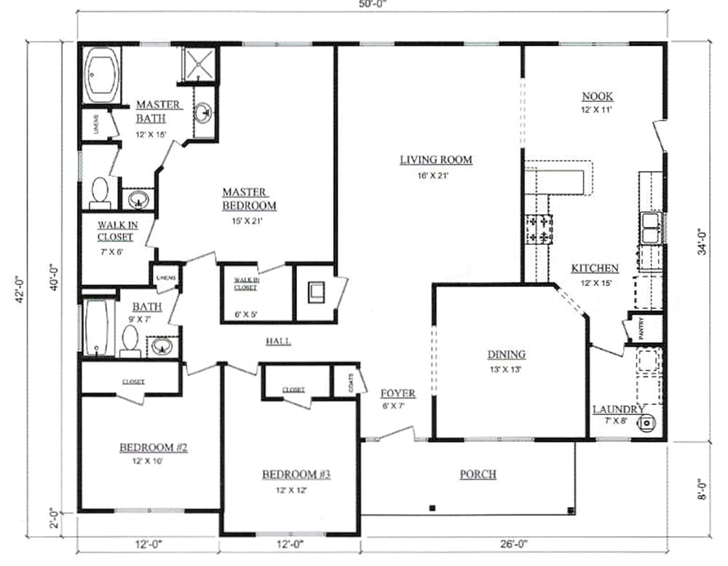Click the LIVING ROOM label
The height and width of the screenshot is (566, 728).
[x=436, y=160]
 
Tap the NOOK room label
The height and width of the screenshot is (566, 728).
[x=597, y=96]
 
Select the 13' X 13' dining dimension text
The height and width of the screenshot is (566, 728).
[x=506, y=370]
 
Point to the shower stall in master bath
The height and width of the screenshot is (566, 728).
[x=199, y=63]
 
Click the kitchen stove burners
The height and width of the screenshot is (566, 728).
[x=539, y=229]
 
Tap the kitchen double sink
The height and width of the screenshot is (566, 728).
[x=652, y=227]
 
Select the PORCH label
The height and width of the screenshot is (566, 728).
[x=478, y=474]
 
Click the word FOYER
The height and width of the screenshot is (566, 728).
[x=398, y=393]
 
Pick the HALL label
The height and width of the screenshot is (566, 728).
[x=279, y=342]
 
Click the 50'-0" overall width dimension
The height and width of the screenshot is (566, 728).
[x=373, y=4]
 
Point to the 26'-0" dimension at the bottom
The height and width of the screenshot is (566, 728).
[x=514, y=543]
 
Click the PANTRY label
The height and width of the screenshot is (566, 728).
[x=641, y=328]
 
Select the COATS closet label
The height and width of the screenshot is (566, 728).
[x=351, y=383]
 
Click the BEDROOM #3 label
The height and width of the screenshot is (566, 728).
[x=296, y=474]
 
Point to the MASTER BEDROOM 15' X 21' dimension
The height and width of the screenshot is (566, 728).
[x=248, y=221]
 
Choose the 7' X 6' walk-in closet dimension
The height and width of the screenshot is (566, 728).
[x=111, y=252]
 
